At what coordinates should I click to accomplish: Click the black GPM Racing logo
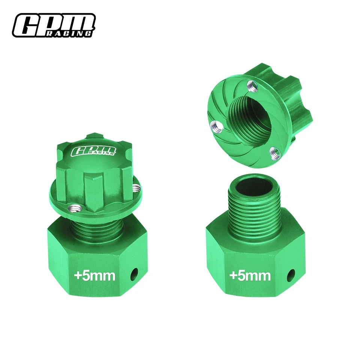53,26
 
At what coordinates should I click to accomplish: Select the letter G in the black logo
27,25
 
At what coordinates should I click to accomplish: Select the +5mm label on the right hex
250,276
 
